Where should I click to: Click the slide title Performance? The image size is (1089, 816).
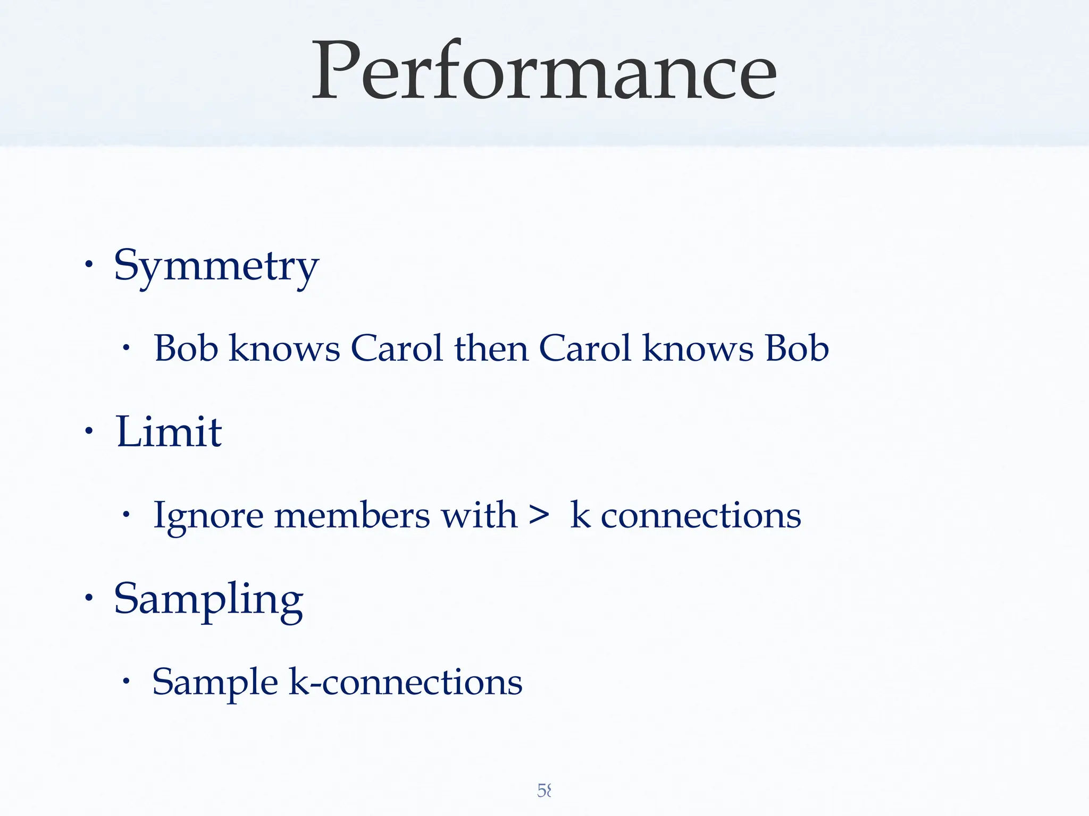tap(543, 71)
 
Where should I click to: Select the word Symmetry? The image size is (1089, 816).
tap(216, 266)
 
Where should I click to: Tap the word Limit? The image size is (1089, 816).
tap(169, 431)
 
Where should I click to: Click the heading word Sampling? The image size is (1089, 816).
tap(208, 599)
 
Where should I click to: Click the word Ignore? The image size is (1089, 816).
tap(208, 516)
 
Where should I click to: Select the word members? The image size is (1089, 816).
tap(351, 515)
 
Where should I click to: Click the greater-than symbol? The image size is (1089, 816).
tap(539, 515)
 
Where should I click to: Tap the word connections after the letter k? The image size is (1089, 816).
tap(700, 515)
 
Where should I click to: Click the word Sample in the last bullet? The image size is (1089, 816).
tap(215, 682)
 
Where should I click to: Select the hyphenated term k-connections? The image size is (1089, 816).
tap(405, 682)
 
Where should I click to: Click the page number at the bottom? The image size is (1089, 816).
tap(544, 790)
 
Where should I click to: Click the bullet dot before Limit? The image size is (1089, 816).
tap(89, 431)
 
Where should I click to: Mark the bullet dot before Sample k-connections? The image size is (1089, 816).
tap(126, 682)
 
